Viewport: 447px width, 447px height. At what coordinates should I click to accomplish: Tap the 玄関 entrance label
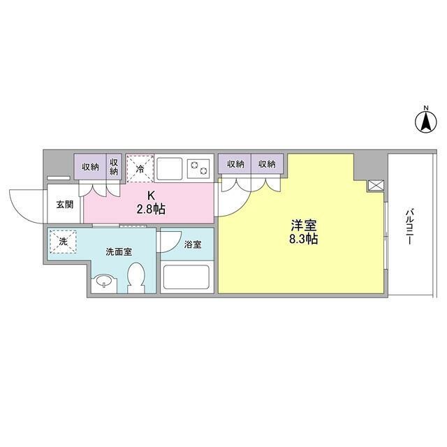tap(64, 205)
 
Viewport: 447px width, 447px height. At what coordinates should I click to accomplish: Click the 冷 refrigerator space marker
tap(140, 169)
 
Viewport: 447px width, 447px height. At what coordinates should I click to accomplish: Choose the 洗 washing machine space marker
tap(63, 242)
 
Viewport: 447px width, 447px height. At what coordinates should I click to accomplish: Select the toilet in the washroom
tap(138, 277)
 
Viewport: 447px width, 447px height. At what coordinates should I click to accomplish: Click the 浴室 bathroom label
tap(193, 245)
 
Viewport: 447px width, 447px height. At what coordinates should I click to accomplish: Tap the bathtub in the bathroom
tap(185, 277)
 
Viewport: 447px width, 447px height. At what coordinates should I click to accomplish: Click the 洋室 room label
tap(304, 226)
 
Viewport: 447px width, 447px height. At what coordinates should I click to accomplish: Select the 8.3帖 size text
tap(304, 239)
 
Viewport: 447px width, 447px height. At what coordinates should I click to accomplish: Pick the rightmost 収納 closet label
tap(267, 164)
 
